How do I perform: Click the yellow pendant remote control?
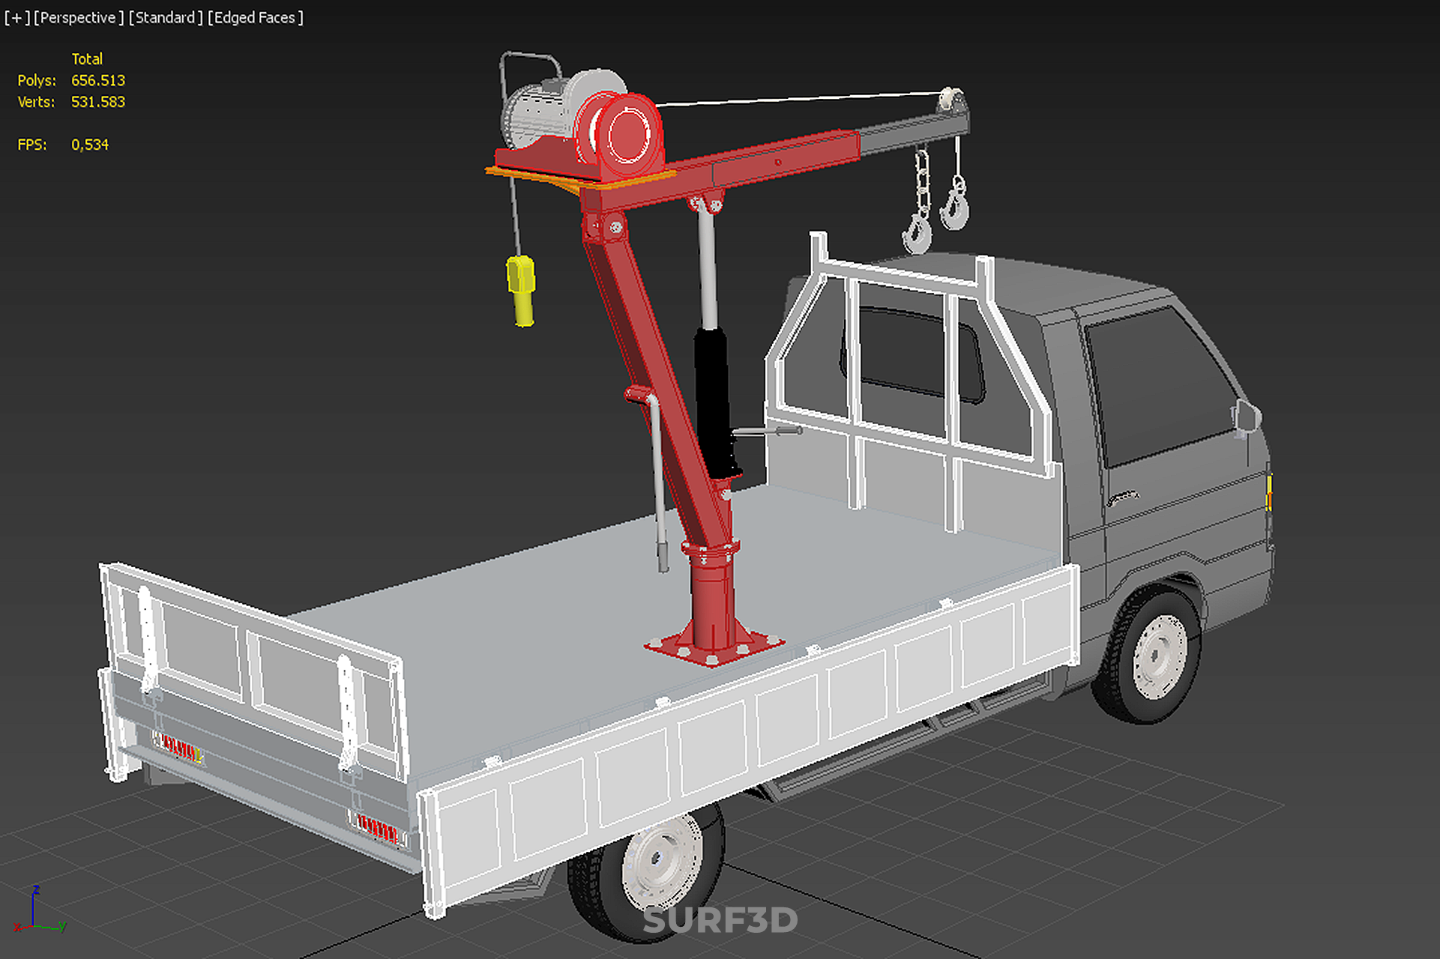tap(522, 291)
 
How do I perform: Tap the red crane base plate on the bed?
tap(714, 646)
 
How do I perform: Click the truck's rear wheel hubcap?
tap(663, 862)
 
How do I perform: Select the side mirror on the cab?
tap(1247, 417)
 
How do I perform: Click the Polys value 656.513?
tap(98, 80)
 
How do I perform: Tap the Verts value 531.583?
tap(98, 102)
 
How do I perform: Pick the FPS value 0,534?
tap(90, 145)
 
